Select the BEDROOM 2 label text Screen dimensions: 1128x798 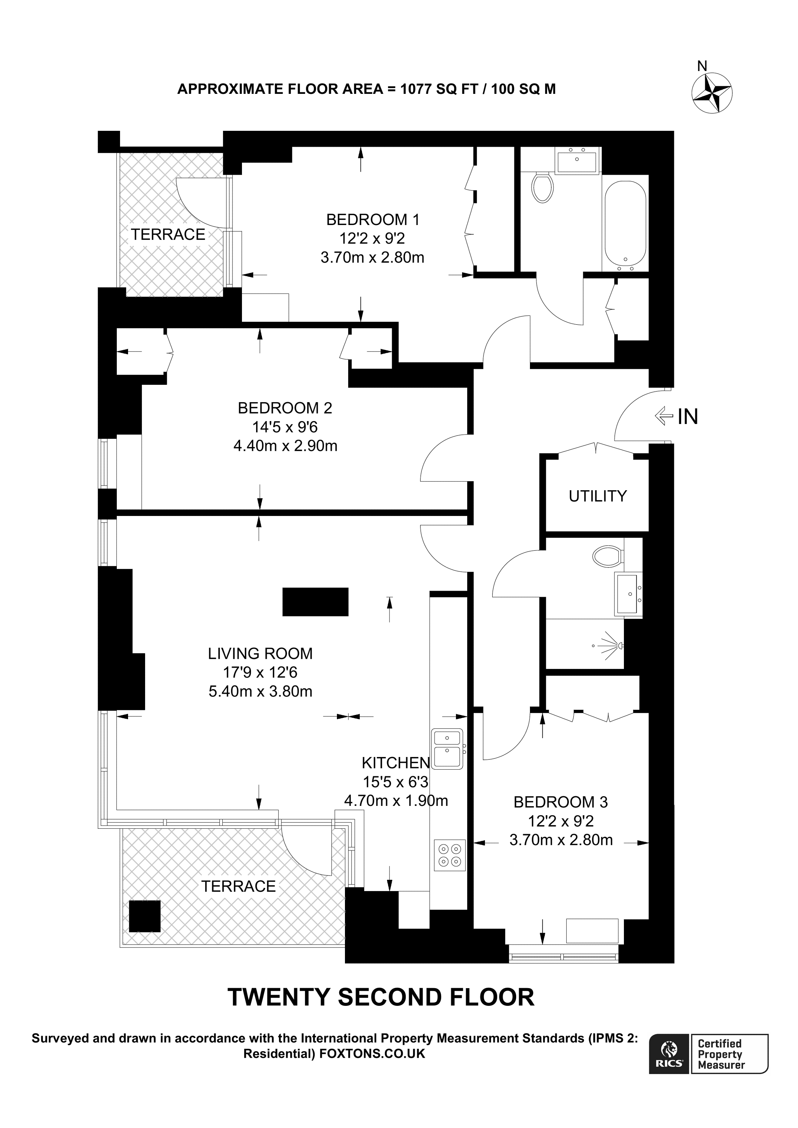(285, 408)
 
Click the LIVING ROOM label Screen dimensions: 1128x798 (260, 653)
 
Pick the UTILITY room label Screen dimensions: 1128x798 (597, 496)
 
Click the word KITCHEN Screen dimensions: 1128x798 (396, 763)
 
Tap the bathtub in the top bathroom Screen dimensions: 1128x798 (625, 224)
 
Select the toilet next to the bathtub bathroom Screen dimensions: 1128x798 (542, 187)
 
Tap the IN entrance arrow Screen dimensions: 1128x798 (664, 417)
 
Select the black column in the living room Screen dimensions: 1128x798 (315, 602)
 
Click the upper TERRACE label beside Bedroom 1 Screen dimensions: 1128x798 (168, 234)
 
